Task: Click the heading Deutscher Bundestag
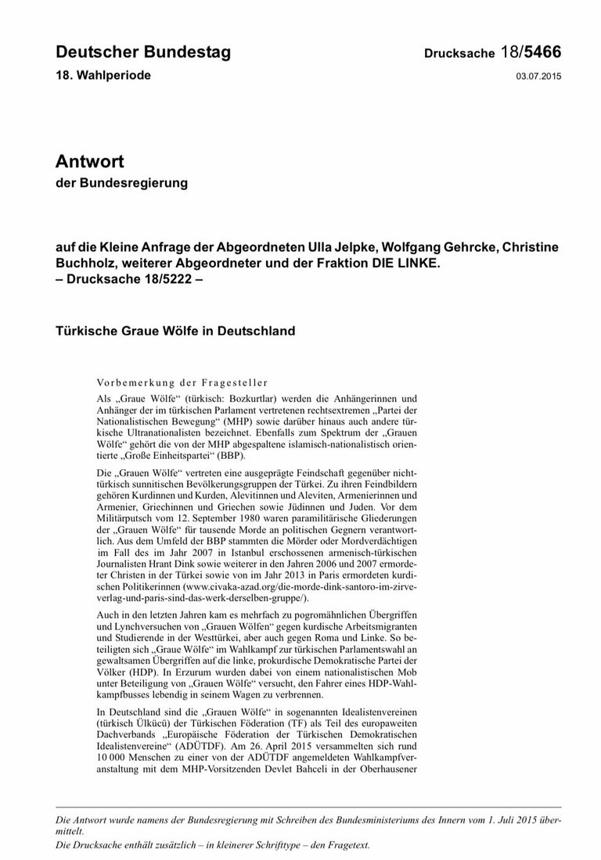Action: coord(143,52)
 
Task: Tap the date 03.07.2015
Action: coord(538,76)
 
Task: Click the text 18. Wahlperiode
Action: coord(103,75)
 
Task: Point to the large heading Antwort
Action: coord(90,162)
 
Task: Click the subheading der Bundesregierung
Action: coord(122,184)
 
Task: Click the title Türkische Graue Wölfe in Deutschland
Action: coord(175,330)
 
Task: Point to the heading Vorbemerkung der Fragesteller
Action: coord(182,383)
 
